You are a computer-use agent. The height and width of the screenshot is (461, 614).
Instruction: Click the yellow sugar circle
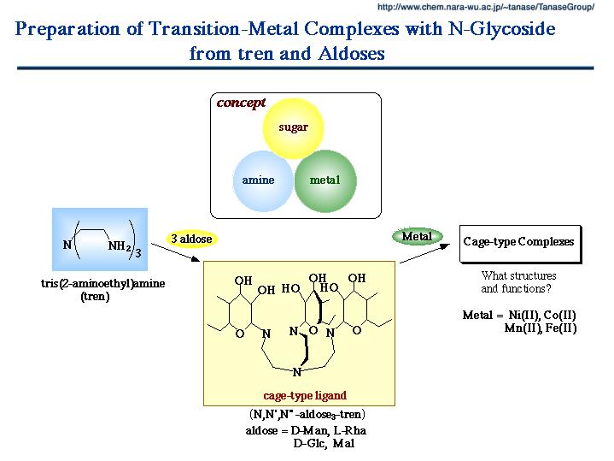[x=292, y=128]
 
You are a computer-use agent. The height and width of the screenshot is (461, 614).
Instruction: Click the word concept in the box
[x=241, y=103]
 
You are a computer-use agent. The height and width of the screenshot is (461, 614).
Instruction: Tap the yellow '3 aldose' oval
[x=190, y=239]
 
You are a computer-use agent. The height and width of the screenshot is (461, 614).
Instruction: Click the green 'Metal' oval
[x=417, y=235]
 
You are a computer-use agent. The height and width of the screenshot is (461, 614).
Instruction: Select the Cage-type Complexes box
[x=519, y=242]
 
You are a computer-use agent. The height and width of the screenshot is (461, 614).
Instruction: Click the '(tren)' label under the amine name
[x=95, y=297]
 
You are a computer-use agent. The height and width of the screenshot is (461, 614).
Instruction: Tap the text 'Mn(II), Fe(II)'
[x=540, y=328]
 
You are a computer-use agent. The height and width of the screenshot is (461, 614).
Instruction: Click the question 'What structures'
[x=518, y=275]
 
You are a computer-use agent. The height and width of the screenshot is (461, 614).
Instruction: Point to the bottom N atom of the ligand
[x=296, y=372]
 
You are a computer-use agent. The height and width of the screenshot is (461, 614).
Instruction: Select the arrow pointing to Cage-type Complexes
[x=428, y=254]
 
